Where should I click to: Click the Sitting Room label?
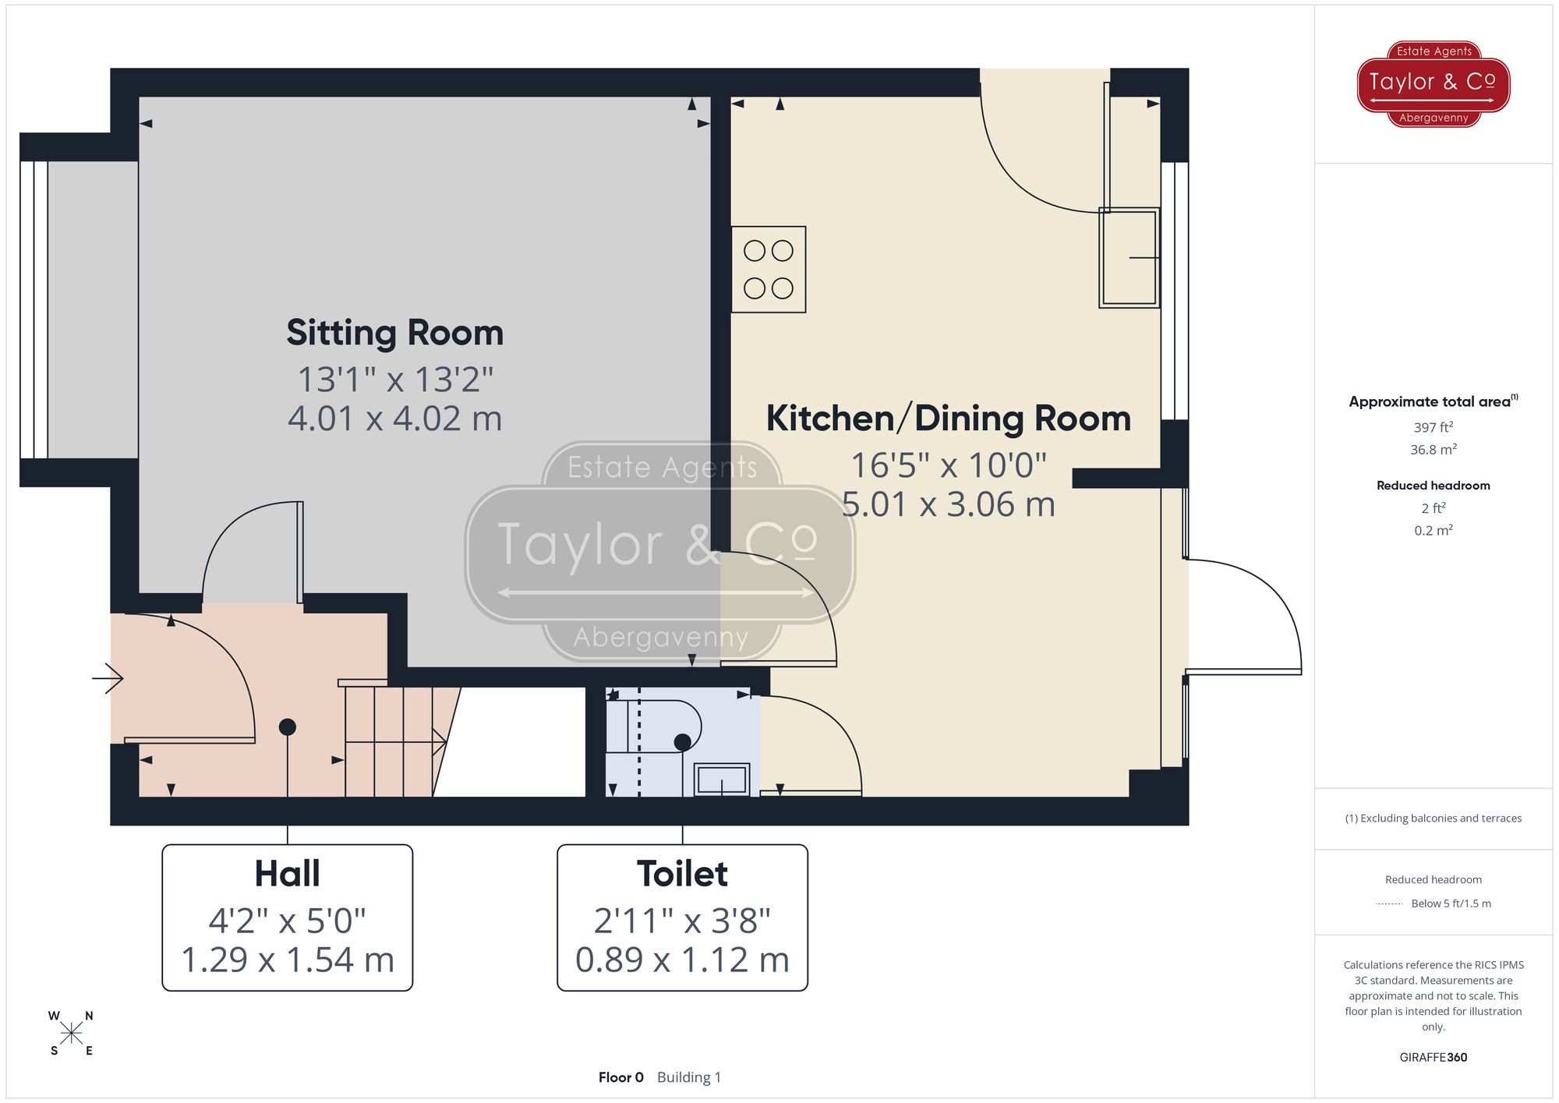coord(394,333)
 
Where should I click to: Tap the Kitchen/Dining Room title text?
coord(948,419)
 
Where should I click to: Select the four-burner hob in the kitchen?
coord(768,270)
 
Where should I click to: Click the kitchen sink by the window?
coord(1128,257)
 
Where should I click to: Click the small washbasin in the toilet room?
coord(722,779)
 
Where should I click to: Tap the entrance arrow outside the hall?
coord(108,678)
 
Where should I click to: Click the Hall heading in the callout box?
coord(287,874)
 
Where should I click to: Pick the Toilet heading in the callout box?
coord(682,874)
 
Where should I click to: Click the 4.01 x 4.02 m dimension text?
coord(394,419)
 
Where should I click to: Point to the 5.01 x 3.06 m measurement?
coord(948,504)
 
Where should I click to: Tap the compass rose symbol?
coord(71,1034)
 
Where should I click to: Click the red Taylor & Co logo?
coord(1433,83)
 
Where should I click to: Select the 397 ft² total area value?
coord(1433,427)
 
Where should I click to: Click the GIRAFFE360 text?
coord(1433,1057)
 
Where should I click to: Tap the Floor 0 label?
coord(620,1077)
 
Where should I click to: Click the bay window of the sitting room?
coord(35,309)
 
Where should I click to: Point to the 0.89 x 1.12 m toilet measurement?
coord(682,960)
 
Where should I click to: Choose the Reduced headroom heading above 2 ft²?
coord(1433,486)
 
